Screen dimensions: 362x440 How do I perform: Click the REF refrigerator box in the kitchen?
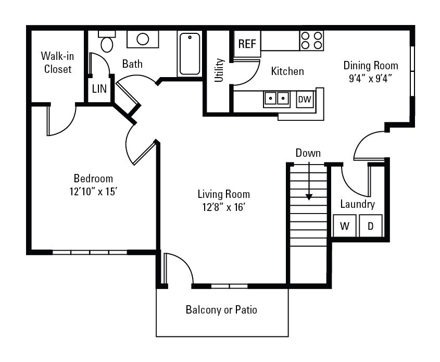(247, 44)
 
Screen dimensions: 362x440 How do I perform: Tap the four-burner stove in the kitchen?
(311, 40)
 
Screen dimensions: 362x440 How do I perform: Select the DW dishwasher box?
(305, 99)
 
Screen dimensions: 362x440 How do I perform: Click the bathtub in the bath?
(190, 54)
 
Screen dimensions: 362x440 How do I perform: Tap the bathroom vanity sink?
(143, 39)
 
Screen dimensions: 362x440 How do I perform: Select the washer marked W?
(345, 226)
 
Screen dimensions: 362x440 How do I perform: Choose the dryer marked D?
(371, 226)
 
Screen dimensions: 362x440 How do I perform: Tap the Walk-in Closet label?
(57, 62)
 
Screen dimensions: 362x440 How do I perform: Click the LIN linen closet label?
(99, 89)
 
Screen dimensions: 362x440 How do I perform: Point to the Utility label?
(219, 70)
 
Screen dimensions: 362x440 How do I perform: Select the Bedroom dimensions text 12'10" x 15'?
(93, 191)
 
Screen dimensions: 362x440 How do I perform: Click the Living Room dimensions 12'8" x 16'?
(223, 207)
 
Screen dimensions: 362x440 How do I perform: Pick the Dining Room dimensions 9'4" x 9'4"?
(370, 79)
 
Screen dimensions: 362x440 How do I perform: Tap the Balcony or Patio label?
(221, 310)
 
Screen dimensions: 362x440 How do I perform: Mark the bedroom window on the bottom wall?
(90, 253)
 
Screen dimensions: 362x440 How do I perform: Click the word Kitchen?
(287, 71)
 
